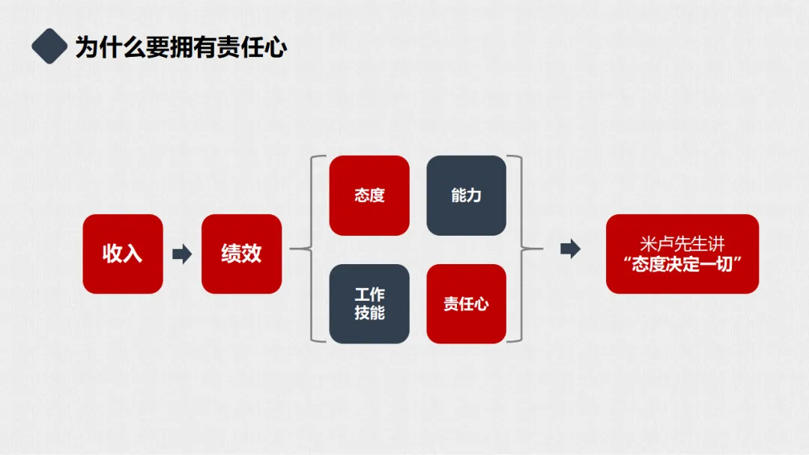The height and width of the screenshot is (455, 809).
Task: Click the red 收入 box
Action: (122, 254)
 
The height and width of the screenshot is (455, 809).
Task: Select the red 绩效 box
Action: (241, 254)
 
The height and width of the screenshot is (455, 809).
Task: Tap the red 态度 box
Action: (369, 195)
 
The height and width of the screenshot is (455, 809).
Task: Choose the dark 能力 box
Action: (466, 195)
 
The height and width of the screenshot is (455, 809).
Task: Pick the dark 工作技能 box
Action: (369, 303)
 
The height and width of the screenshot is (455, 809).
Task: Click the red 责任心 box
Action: (466, 303)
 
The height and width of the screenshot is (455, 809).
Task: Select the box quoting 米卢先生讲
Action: (682, 254)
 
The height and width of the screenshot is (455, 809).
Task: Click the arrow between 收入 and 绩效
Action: (182, 254)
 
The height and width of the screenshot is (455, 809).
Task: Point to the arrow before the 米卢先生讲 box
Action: (571, 249)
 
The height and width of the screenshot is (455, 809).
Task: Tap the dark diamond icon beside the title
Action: (49, 46)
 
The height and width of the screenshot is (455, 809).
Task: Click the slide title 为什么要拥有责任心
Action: (181, 47)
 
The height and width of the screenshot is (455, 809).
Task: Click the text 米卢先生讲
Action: (682, 244)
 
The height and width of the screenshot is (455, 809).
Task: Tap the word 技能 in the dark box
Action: (369, 312)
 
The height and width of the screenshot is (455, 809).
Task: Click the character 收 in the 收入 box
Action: (112, 254)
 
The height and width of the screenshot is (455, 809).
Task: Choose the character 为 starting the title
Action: (86, 47)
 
